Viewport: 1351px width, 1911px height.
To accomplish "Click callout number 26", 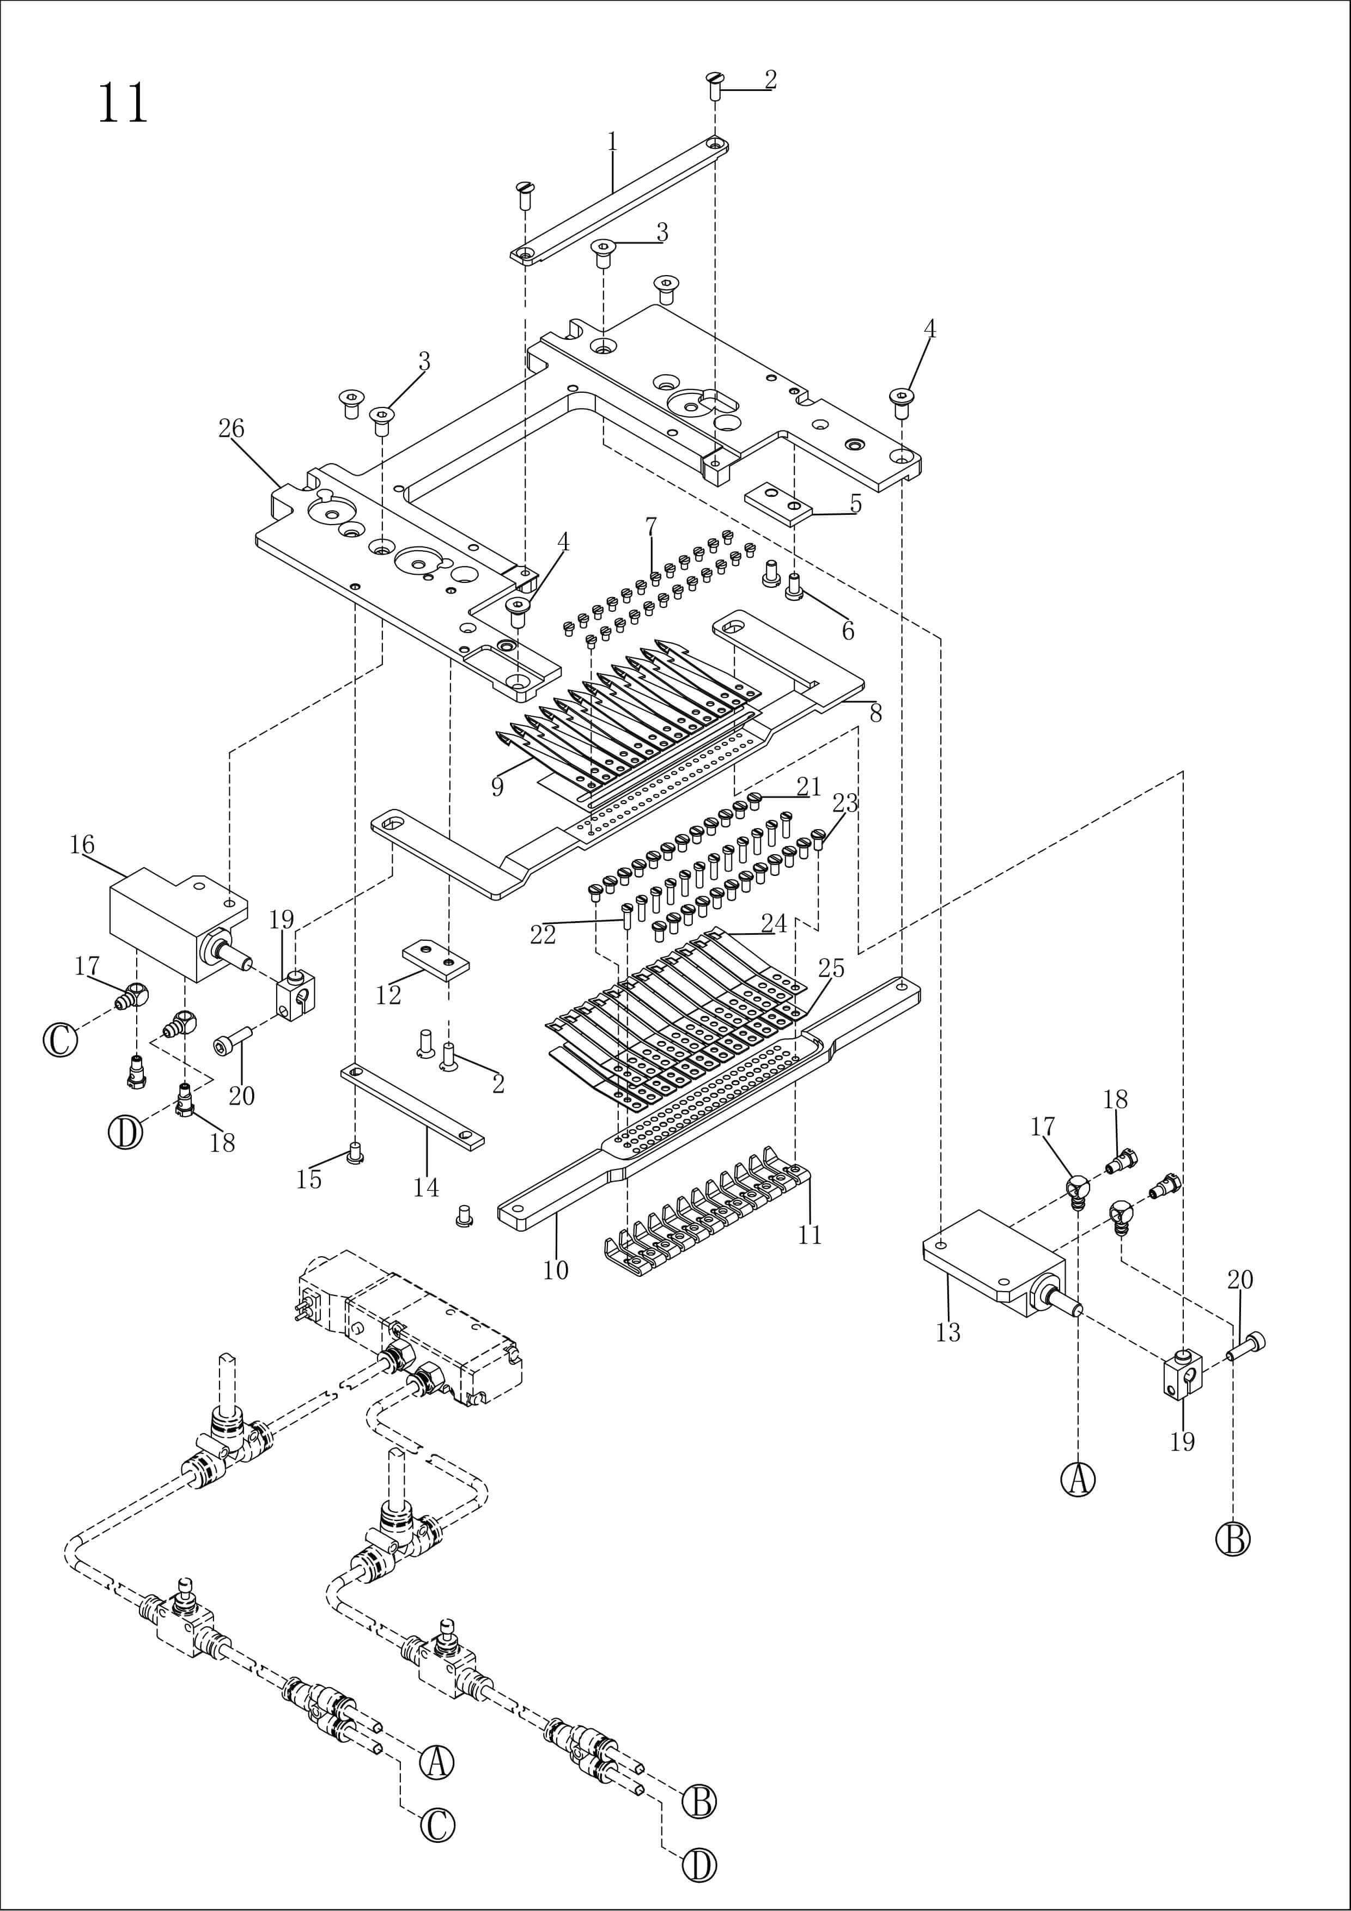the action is (x=232, y=429).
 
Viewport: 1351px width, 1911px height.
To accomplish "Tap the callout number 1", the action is (x=613, y=142).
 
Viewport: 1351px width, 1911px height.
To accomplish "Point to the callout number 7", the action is (x=651, y=526).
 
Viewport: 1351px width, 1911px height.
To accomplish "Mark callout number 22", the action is (x=543, y=935).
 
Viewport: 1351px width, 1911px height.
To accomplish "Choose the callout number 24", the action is (x=774, y=923).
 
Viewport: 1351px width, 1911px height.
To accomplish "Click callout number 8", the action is (x=875, y=713).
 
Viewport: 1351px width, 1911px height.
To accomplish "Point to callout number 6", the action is (x=848, y=631).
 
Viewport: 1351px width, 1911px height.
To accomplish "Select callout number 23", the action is (x=845, y=803).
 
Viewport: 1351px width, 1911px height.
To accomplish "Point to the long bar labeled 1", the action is (x=619, y=200).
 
